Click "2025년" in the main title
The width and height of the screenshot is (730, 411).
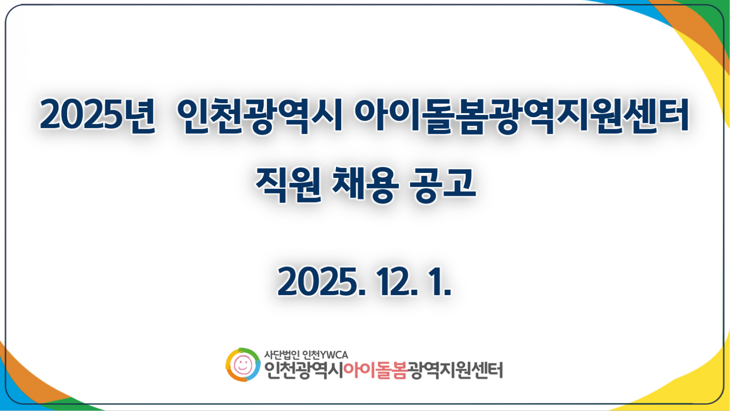pyautogui.click(x=97, y=115)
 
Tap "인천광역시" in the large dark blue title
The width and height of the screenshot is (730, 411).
pyautogui.click(x=260, y=115)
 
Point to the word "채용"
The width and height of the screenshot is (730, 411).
pyautogui.click(x=365, y=184)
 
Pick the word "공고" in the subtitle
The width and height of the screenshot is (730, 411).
pyautogui.click(x=442, y=184)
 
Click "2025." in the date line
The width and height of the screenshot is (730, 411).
pyautogui.click(x=321, y=281)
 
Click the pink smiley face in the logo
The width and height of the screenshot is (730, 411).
pyautogui.click(x=243, y=365)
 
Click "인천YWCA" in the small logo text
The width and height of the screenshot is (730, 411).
pyautogui.click(x=325, y=354)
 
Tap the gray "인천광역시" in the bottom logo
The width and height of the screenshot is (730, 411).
pyautogui.click(x=303, y=370)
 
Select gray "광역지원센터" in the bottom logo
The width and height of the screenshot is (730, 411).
pyautogui.click(x=455, y=370)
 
